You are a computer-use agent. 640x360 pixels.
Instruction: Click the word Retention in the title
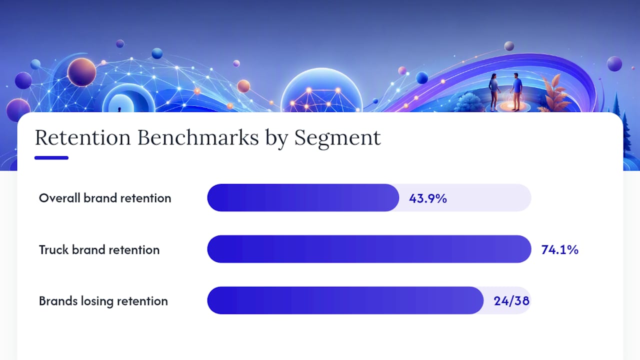[x=83, y=137]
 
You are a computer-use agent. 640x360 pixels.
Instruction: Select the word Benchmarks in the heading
[x=198, y=137]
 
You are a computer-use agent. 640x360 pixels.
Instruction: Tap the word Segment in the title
[x=337, y=139]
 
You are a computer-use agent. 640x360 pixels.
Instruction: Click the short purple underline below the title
[x=51, y=157]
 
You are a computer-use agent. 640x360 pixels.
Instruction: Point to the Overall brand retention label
[x=105, y=198]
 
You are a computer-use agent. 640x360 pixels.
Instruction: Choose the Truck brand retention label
[x=99, y=249]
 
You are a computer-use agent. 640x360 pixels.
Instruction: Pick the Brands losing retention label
[x=103, y=301]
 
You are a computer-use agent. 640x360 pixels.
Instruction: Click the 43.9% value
[x=427, y=198]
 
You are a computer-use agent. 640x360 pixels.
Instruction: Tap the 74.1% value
[x=559, y=249]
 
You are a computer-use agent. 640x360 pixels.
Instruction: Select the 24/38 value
[x=511, y=301]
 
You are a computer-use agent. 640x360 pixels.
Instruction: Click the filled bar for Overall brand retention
[x=303, y=197]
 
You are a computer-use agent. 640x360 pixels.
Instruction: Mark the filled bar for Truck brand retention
[x=369, y=249]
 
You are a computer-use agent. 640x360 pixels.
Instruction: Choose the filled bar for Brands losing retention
[x=345, y=300]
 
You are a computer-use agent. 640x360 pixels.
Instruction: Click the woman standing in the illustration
[x=494, y=91]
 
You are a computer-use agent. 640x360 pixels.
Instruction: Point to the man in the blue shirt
[x=516, y=91]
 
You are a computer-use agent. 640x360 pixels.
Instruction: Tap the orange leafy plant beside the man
[x=553, y=93]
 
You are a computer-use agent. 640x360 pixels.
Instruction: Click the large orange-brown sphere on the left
[x=81, y=72]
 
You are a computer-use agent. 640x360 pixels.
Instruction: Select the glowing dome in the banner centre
[x=321, y=90]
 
